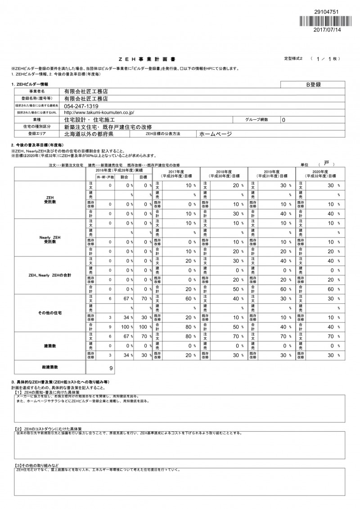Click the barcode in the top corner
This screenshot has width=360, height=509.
coord(328,22)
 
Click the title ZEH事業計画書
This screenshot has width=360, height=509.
coord(148,59)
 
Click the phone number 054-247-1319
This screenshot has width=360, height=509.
coord(81,105)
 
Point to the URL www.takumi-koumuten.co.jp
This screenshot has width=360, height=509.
coord(99,113)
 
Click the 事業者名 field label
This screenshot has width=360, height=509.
coord(37,91)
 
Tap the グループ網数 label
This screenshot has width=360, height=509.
coord(256,120)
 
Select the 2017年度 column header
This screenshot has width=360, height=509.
coord(176,174)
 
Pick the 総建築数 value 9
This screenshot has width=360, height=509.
coord(111,368)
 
